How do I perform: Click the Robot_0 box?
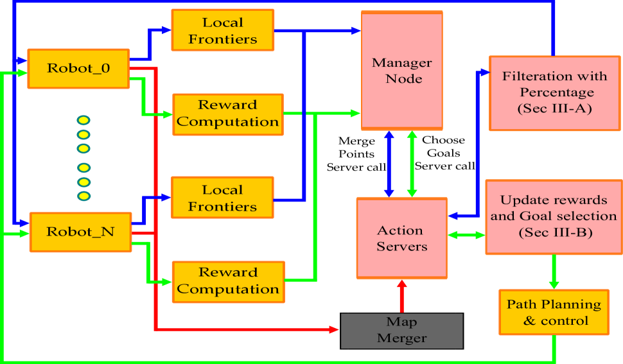(x=78, y=67)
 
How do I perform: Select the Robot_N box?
(x=80, y=232)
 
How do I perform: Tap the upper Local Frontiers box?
(x=222, y=30)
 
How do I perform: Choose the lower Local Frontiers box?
(x=222, y=198)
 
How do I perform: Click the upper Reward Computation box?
(x=227, y=114)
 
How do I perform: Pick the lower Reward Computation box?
(x=227, y=281)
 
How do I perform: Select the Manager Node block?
(x=402, y=71)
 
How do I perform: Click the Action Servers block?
(x=401, y=238)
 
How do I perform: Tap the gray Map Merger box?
(x=401, y=330)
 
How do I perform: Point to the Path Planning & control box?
(x=554, y=312)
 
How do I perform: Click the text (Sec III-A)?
(x=555, y=108)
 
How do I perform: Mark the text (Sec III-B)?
(x=554, y=232)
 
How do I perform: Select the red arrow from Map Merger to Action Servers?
(x=402, y=296)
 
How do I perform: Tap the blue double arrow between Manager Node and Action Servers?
(x=389, y=164)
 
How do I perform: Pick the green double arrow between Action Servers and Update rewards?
(x=466, y=236)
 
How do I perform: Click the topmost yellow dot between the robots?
(x=83, y=120)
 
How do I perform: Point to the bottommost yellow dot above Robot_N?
(x=83, y=196)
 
